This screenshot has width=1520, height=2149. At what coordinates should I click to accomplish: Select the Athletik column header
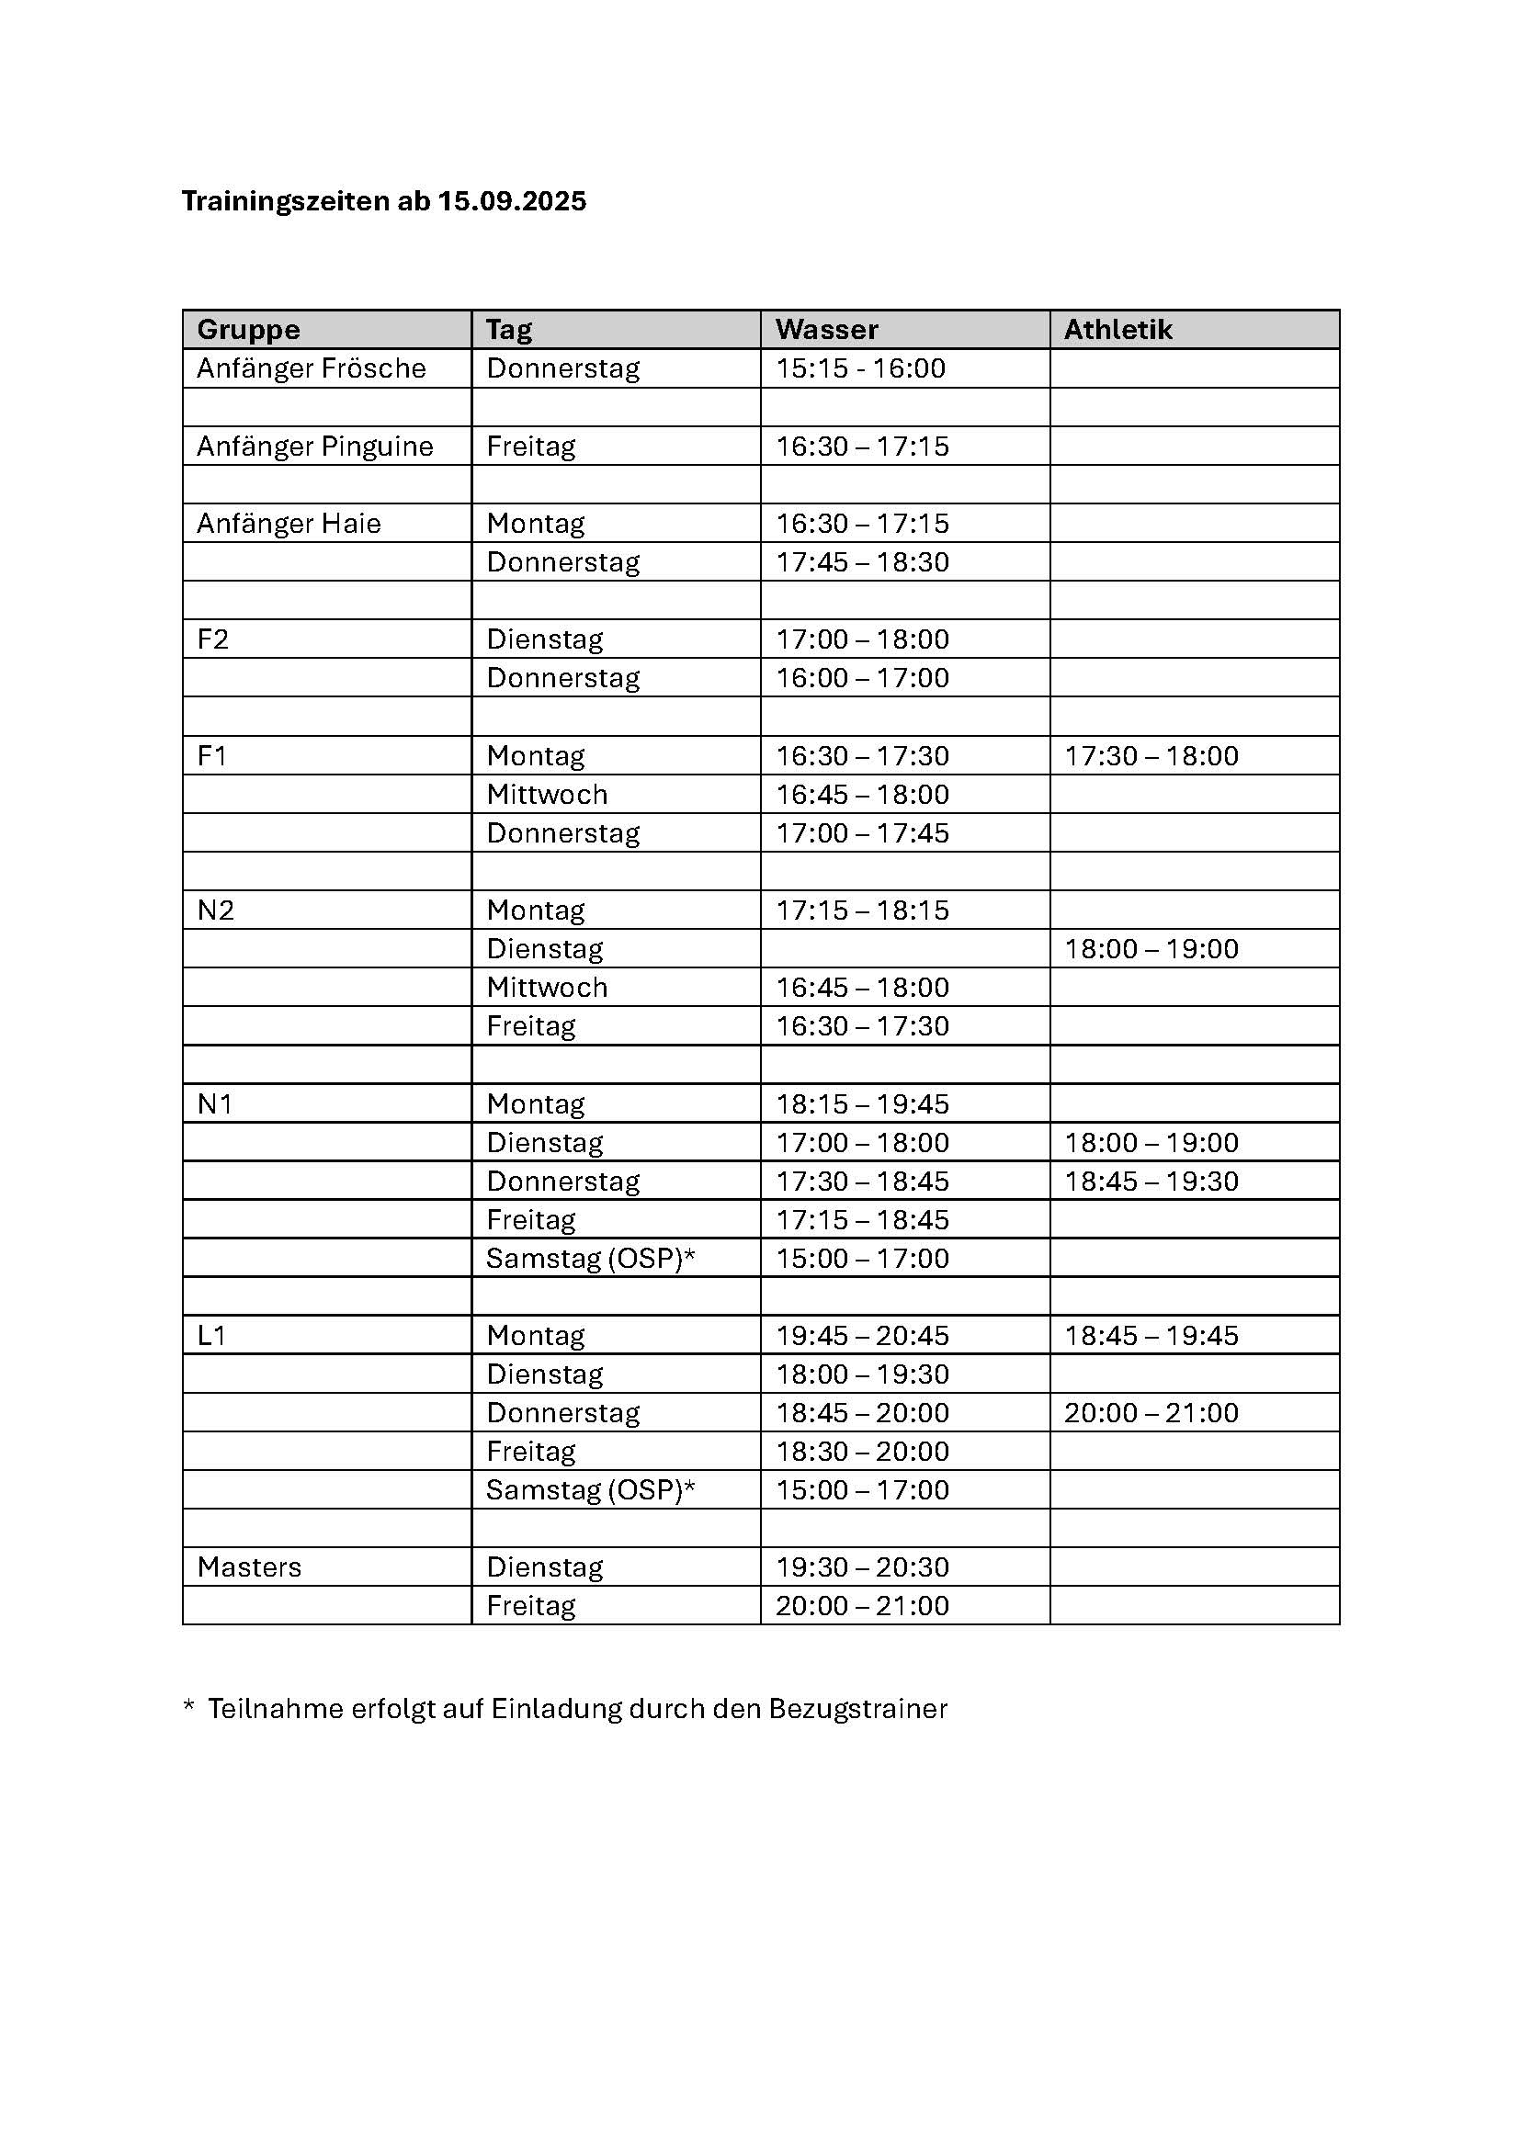click(1117, 330)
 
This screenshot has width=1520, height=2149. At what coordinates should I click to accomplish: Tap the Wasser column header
click(826, 330)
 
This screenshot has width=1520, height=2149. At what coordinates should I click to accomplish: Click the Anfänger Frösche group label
click(311, 368)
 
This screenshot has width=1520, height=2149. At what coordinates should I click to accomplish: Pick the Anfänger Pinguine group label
click(314, 447)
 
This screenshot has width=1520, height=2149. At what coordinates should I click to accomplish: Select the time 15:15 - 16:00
click(860, 368)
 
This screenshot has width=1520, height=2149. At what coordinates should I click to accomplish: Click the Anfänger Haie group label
click(289, 523)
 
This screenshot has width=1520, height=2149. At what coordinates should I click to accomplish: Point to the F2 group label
click(212, 639)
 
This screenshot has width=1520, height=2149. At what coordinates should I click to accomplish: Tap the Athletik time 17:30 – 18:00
click(1151, 755)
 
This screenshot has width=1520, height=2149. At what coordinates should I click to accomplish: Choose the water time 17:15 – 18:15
click(862, 910)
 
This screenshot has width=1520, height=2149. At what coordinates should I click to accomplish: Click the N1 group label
click(214, 1103)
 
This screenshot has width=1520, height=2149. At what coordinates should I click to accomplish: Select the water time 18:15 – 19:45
click(862, 1103)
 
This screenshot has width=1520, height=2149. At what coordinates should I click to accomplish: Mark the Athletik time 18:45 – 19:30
click(1151, 1182)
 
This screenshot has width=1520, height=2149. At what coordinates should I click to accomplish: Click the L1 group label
click(211, 1336)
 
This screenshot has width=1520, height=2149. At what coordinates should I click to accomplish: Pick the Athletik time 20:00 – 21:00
click(1151, 1412)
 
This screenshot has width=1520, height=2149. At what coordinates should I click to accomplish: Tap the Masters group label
click(249, 1567)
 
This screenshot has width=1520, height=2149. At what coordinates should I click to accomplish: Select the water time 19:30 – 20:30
click(862, 1567)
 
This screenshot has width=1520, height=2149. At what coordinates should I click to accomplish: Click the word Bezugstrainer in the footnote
click(857, 1709)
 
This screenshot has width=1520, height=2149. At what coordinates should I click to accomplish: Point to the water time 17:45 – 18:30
click(862, 561)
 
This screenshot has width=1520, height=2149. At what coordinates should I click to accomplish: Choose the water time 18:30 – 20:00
click(862, 1451)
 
